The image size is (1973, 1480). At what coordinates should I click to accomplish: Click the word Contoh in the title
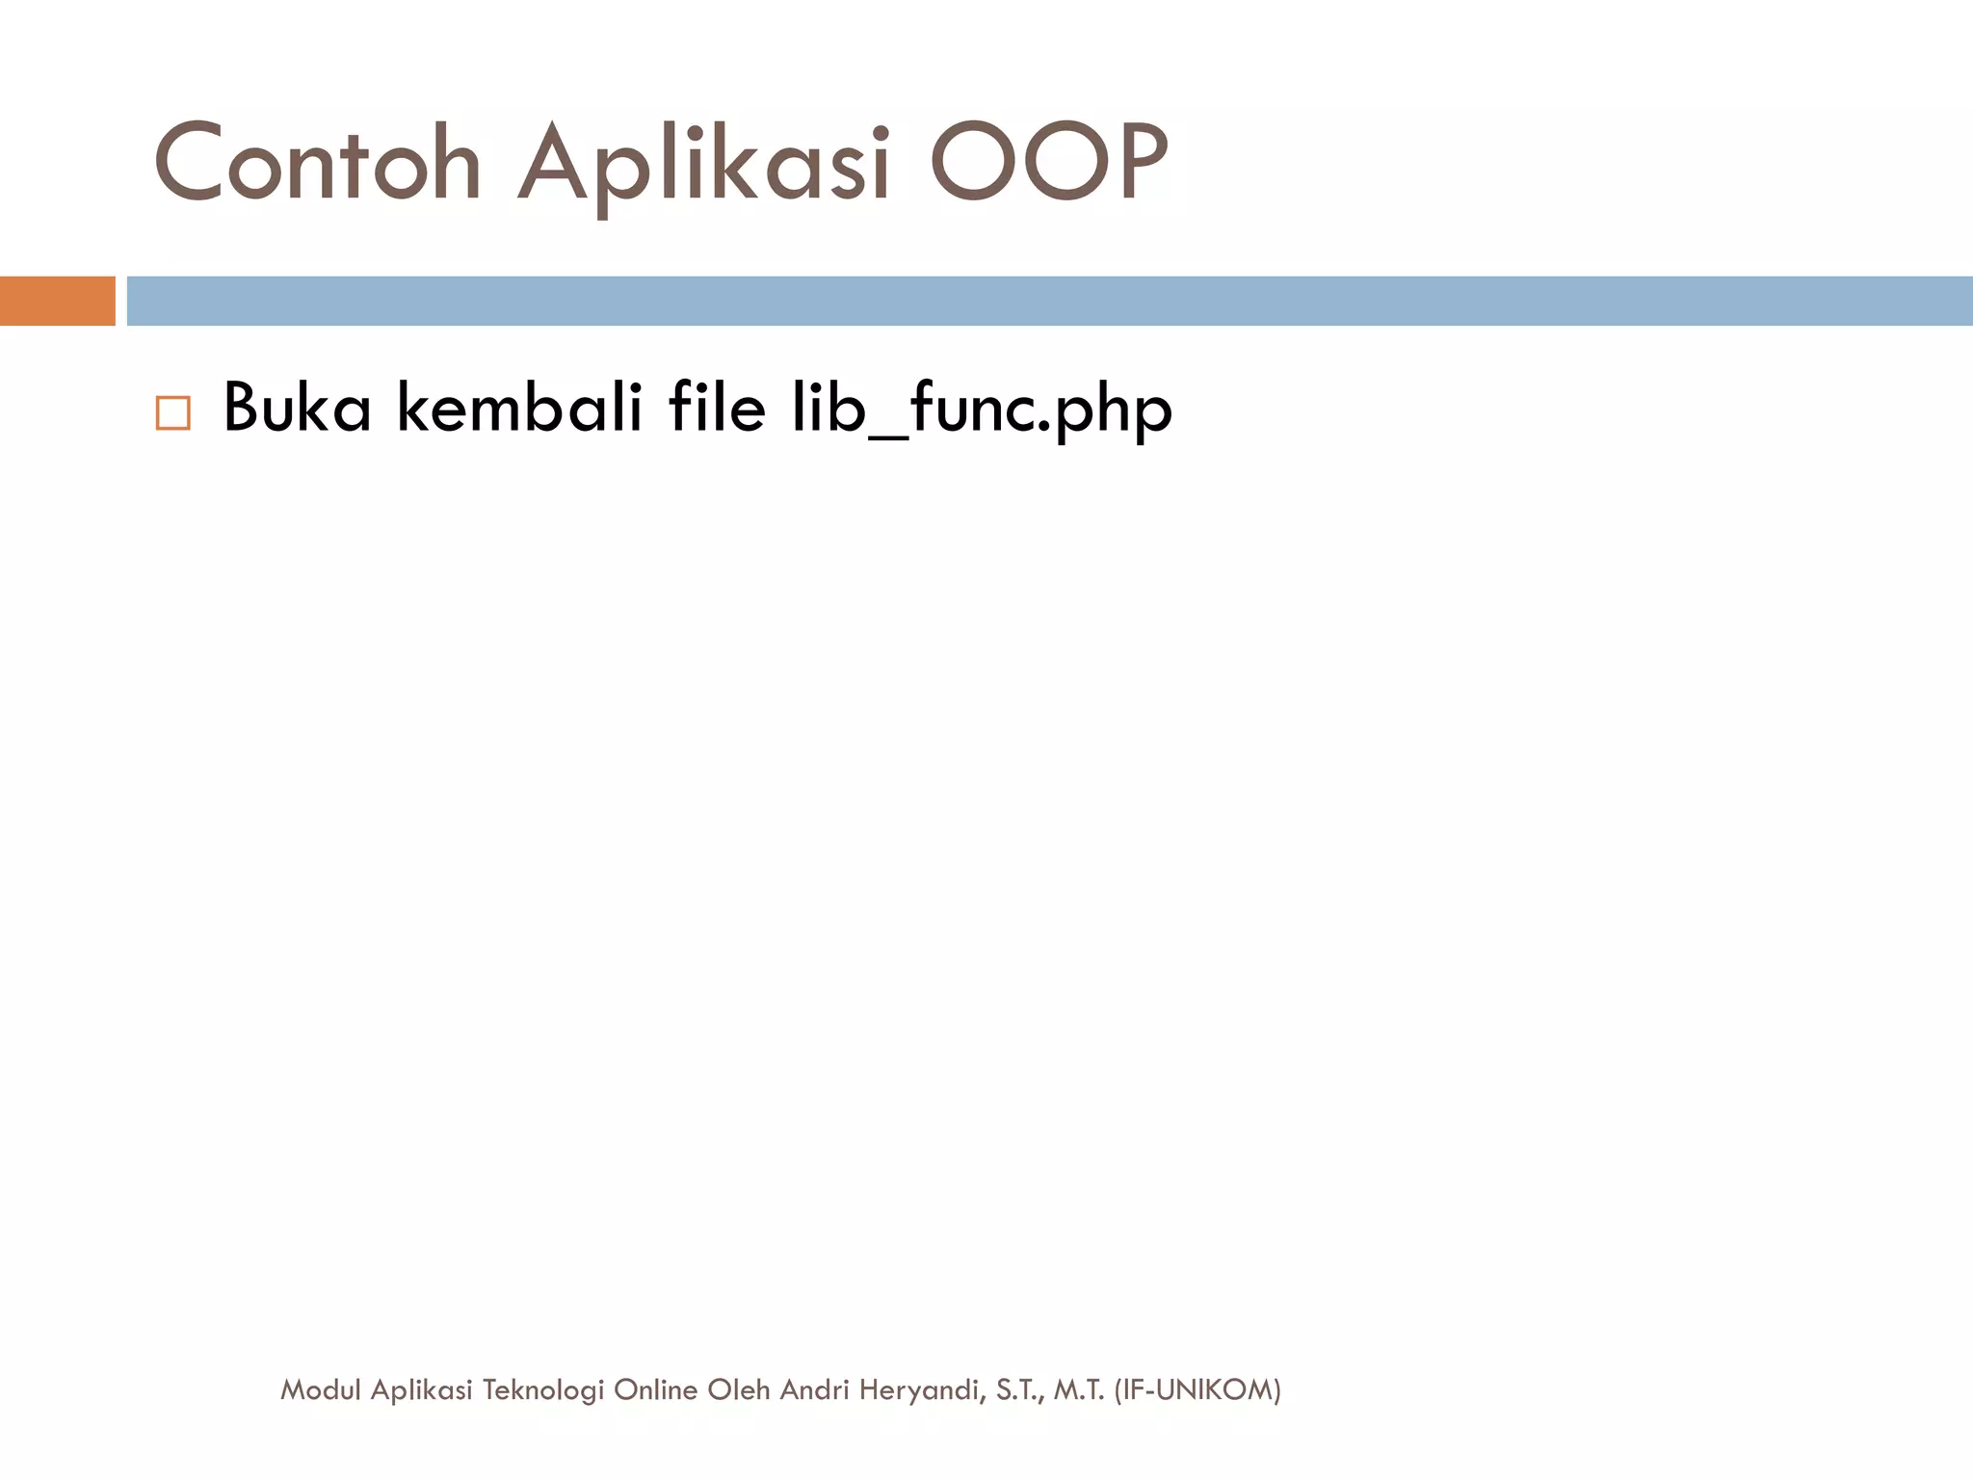point(317,164)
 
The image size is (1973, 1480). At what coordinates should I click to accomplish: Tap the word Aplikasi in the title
point(703,164)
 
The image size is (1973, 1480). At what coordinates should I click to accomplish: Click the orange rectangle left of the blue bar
point(57,301)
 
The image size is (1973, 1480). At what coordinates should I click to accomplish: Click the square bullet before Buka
point(173,412)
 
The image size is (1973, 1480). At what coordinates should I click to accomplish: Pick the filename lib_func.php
point(981,410)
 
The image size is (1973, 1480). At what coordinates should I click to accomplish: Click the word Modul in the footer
point(321,1389)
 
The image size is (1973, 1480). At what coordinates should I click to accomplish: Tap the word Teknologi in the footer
point(543,1389)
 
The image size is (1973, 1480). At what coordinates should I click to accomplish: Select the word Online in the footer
point(655,1389)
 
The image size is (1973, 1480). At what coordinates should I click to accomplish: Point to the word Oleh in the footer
point(739,1389)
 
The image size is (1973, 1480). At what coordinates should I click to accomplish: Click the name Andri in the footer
point(814,1389)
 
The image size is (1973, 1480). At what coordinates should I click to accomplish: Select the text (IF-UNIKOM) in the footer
point(1197,1389)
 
